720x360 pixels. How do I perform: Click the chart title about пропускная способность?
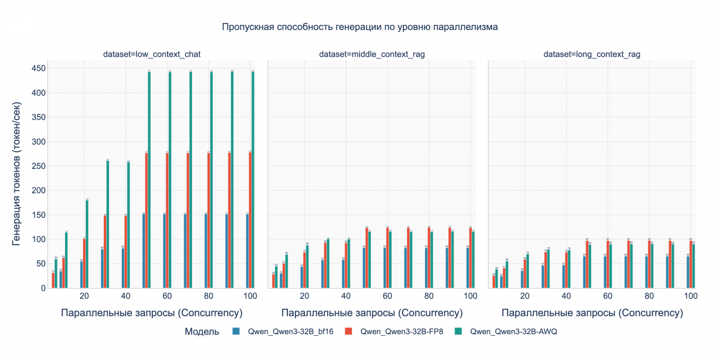pyautogui.click(x=360, y=27)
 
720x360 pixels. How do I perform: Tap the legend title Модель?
pyautogui.click(x=202, y=331)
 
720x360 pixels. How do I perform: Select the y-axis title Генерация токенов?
pyautogui.click(x=17, y=174)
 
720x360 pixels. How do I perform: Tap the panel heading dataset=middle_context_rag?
pyautogui.click(x=372, y=54)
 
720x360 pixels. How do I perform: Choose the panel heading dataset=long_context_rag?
pyautogui.click(x=592, y=54)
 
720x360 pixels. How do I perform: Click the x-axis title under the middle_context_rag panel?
pyautogui.click(x=372, y=313)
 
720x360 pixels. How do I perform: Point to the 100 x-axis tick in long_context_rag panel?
pyautogui.click(x=690, y=295)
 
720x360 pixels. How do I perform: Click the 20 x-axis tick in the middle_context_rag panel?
pyautogui.click(x=305, y=295)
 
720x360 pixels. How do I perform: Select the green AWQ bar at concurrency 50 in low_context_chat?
pyautogui.click(x=149, y=180)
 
